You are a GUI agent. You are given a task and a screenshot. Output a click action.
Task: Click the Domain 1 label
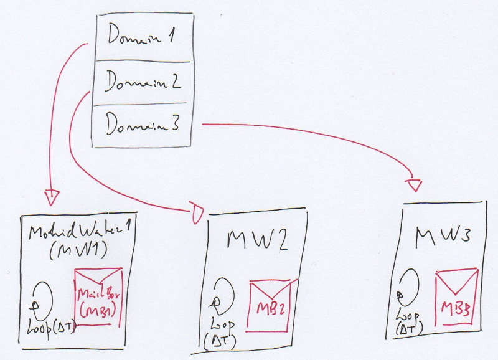(x=140, y=37)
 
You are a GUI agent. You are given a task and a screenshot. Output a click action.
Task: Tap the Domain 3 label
(x=143, y=125)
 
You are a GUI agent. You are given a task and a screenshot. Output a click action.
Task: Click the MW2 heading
(x=257, y=240)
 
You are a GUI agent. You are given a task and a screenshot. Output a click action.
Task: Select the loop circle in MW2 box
(x=222, y=295)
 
